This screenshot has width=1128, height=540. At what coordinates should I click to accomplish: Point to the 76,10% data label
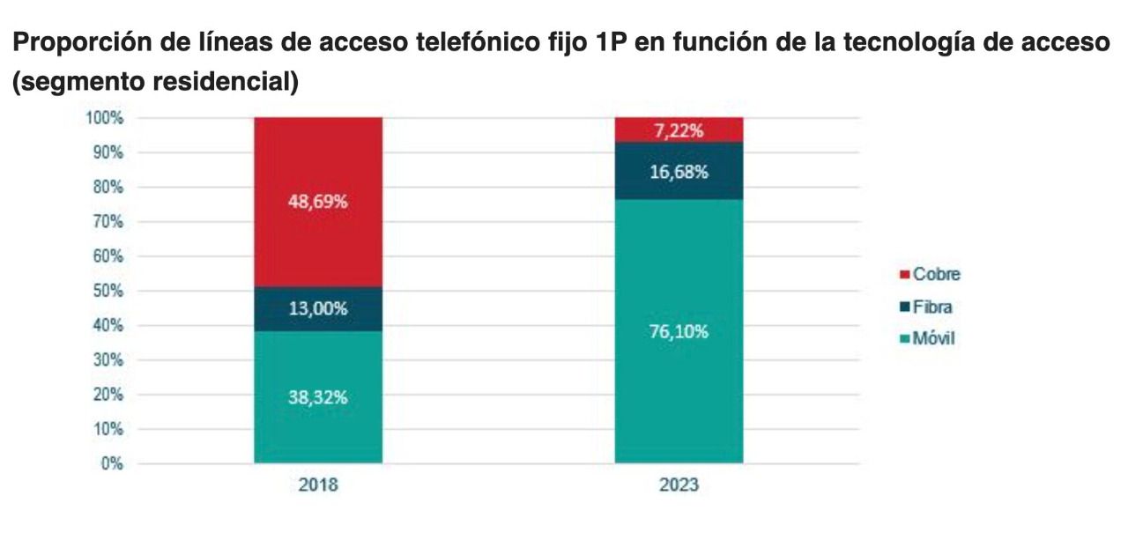pyautogui.click(x=679, y=332)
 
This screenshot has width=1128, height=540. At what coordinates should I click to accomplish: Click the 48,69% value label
pyautogui.click(x=317, y=202)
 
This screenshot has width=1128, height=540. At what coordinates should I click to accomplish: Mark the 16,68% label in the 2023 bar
pyautogui.click(x=679, y=172)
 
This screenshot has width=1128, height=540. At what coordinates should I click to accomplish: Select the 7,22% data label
pyautogui.click(x=679, y=131)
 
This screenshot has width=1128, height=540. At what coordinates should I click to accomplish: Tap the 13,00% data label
pyautogui.click(x=317, y=309)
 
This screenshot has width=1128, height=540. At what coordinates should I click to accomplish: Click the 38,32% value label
pyautogui.click(x=317, y=397)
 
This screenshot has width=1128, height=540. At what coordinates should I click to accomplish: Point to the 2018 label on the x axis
pyautogui.click(x=317, y=485)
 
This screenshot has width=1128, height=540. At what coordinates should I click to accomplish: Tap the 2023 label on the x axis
pyautogui.click(x=679, y=485)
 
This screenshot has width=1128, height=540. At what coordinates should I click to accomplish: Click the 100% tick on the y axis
pyautogui.click(x=105, y=118)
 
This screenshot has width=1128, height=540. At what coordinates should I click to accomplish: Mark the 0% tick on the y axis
pyautogui.click(x=112, y=464)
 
